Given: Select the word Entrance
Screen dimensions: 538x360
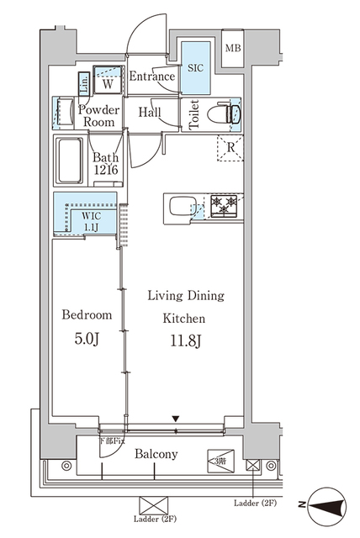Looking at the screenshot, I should [152, 77].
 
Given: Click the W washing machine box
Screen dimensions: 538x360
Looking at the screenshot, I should [108, 82].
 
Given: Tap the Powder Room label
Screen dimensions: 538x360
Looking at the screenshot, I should [99, 115].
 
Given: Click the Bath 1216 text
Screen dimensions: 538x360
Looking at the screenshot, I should [107, 164].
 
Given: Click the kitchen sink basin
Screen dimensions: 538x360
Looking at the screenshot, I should [181, 205].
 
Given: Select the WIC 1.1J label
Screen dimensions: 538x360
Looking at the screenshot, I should [91, 221].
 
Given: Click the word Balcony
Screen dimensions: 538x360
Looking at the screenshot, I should [156, 454].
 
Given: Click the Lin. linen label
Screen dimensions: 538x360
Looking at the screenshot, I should [83, 82].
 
